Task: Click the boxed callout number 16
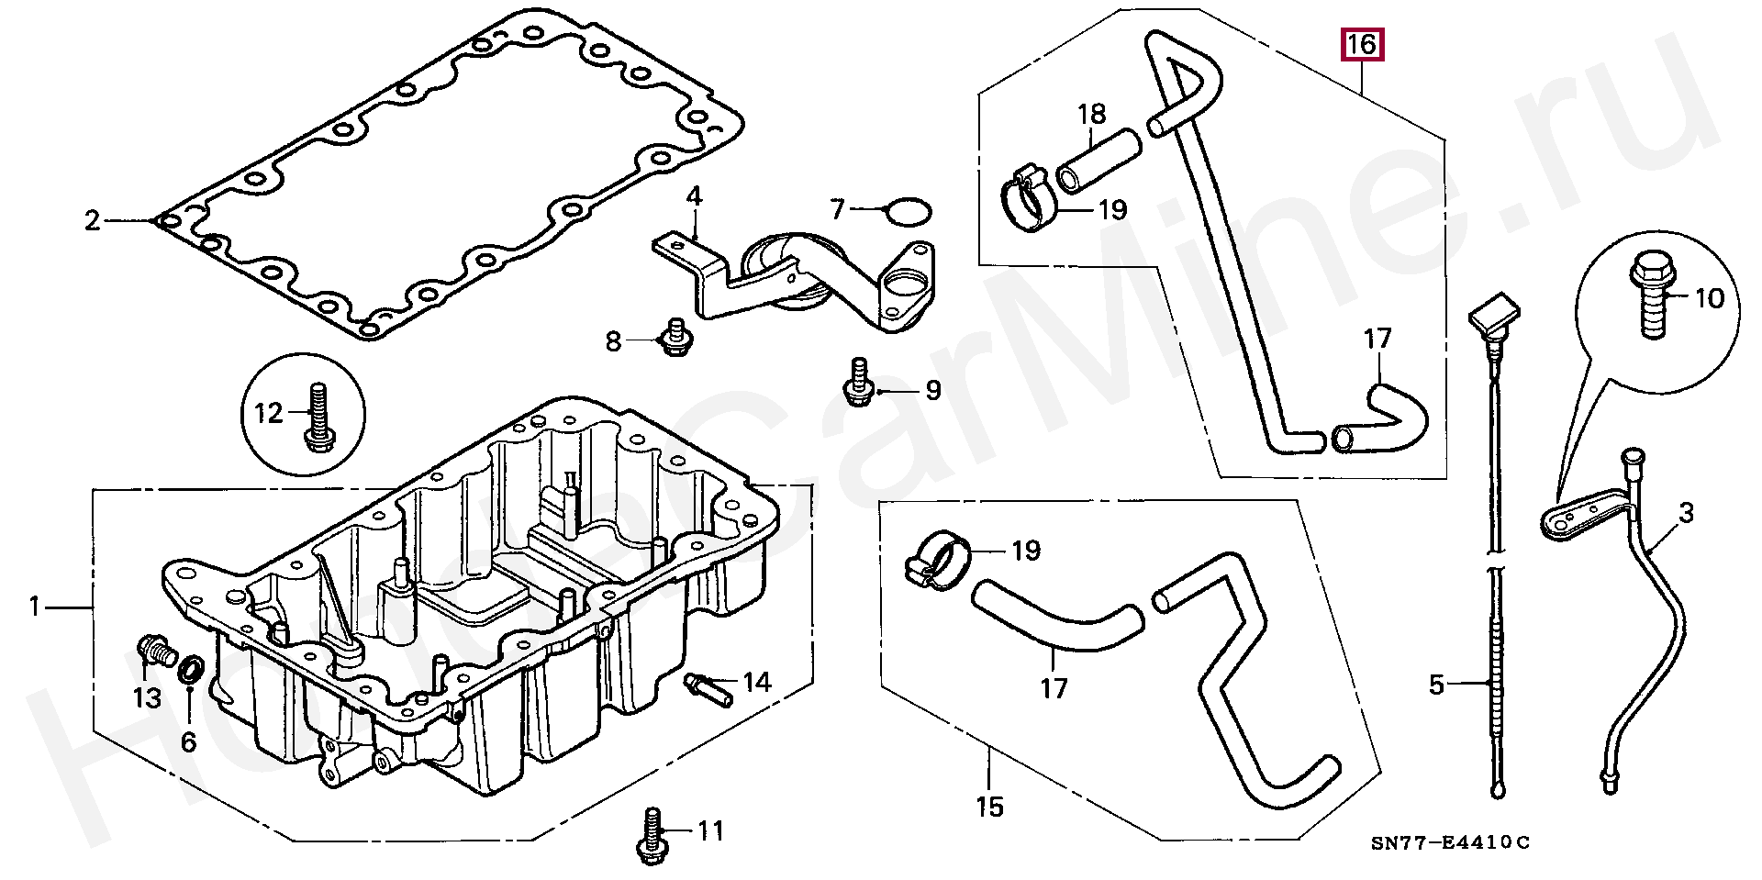1362,44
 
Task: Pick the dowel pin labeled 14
708,690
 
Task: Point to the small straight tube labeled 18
1100,161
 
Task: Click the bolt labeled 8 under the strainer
675,339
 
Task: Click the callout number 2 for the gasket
92,220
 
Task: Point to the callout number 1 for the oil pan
35,607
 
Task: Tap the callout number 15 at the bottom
990,807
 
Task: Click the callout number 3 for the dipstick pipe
1686,514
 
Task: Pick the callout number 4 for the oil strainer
695,196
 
